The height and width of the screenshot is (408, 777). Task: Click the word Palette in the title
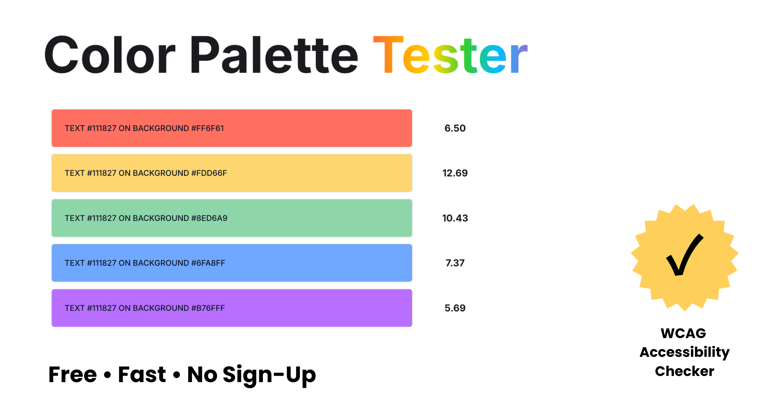tap(274, 55)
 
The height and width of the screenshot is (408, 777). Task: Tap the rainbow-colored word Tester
tap(450, 55)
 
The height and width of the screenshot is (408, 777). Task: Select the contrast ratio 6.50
tap(455, 128)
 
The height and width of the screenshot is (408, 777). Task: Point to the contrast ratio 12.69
tap(455, 173)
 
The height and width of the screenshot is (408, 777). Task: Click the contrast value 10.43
tap(455, 218)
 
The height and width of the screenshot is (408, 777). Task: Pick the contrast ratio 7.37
tap(455, 263)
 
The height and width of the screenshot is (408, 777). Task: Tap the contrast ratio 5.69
tap(455, 308)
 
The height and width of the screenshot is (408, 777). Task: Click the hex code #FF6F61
tap(208, 128)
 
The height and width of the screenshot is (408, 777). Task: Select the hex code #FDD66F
tap(209, 173)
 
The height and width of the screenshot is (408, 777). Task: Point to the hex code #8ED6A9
tap(209, 218)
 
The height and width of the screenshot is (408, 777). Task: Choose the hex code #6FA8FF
tap(208, 263)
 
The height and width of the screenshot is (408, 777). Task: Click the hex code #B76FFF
tap(208, 308)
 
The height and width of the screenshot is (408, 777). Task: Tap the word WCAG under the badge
tap(683, 333)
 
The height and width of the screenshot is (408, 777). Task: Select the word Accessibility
tap(684, 352)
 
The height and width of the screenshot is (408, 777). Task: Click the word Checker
tap(684, 371)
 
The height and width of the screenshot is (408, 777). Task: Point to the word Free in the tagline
tap(73, 375)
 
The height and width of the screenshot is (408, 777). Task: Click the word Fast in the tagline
tap(142, 375)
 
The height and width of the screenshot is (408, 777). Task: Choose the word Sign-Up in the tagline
tap(269, 375)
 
